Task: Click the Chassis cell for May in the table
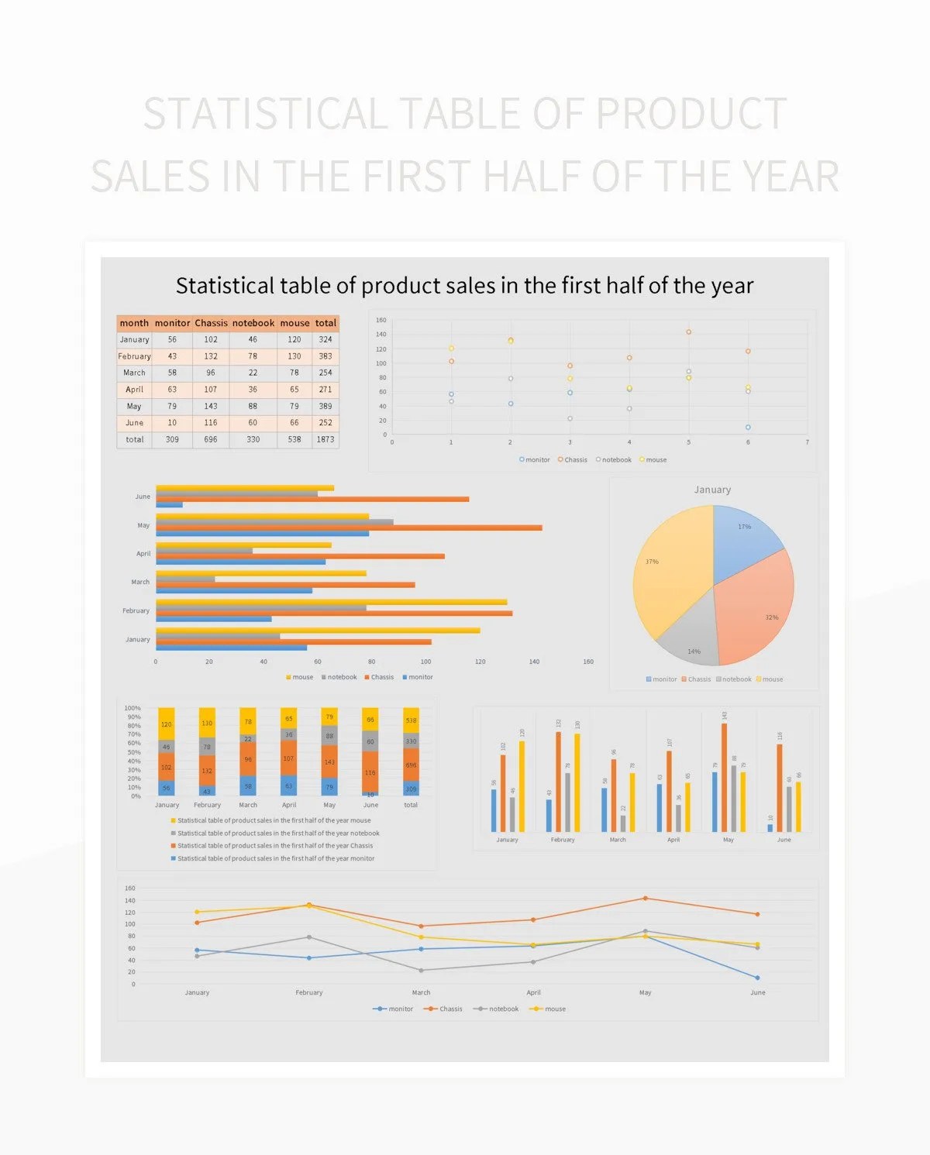click(211, 406)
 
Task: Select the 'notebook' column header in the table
click(253, 323)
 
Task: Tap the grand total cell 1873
click(325, 439)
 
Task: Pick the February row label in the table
click(134, 356)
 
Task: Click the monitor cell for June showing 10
click(172, 423)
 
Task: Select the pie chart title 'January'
click(712, 490)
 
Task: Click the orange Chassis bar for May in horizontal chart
click(349, 528)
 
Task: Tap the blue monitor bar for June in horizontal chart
click(169, 505)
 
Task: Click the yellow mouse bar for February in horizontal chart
click(331, 602)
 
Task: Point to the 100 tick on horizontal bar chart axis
click(425, 662)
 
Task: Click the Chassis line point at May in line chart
click(645, 899)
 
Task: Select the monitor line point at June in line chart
click(757, 978)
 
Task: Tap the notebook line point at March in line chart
click(421, 970)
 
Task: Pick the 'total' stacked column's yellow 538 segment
click(411, 720)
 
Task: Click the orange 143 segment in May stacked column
click(329, 761)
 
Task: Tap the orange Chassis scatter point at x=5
click(688, 332)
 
